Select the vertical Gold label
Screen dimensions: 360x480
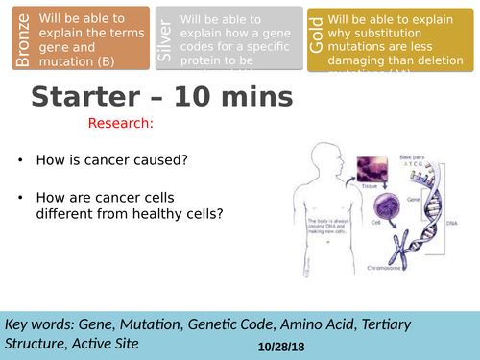tap(316, 39)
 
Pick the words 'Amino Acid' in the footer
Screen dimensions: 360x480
tap(300, 323)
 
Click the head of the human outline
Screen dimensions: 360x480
tap(325, 157)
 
